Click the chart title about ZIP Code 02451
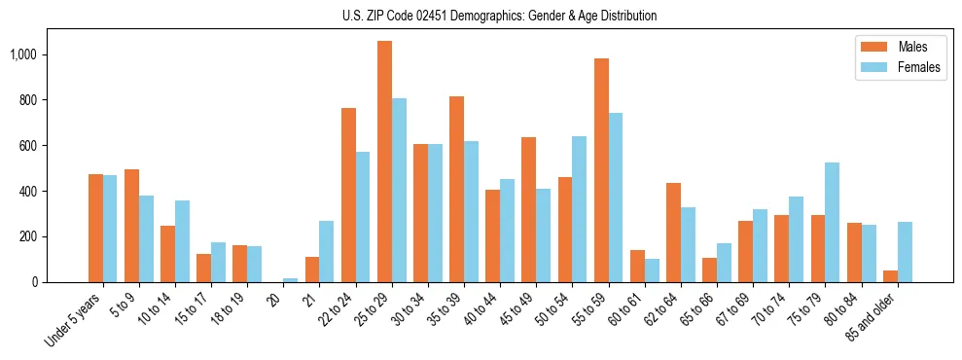pyautogui.click(x=499, y=16)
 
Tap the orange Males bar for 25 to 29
pyautogui.click(x=384, y=162)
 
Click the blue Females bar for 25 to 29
pyautogui.click(x=399, y=190)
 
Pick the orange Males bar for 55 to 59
pyautogui.click(x=601, y=170)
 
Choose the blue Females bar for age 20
pyautogui.click(x=291, y=280)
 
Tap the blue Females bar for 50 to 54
pyautogui.click(x=579, y=209)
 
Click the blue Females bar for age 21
pyautogui.click(x=327, y=251)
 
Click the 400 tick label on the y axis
pyautogui.click(x=30, y=192)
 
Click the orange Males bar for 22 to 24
pyautogui.click(x=348, y=195)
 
